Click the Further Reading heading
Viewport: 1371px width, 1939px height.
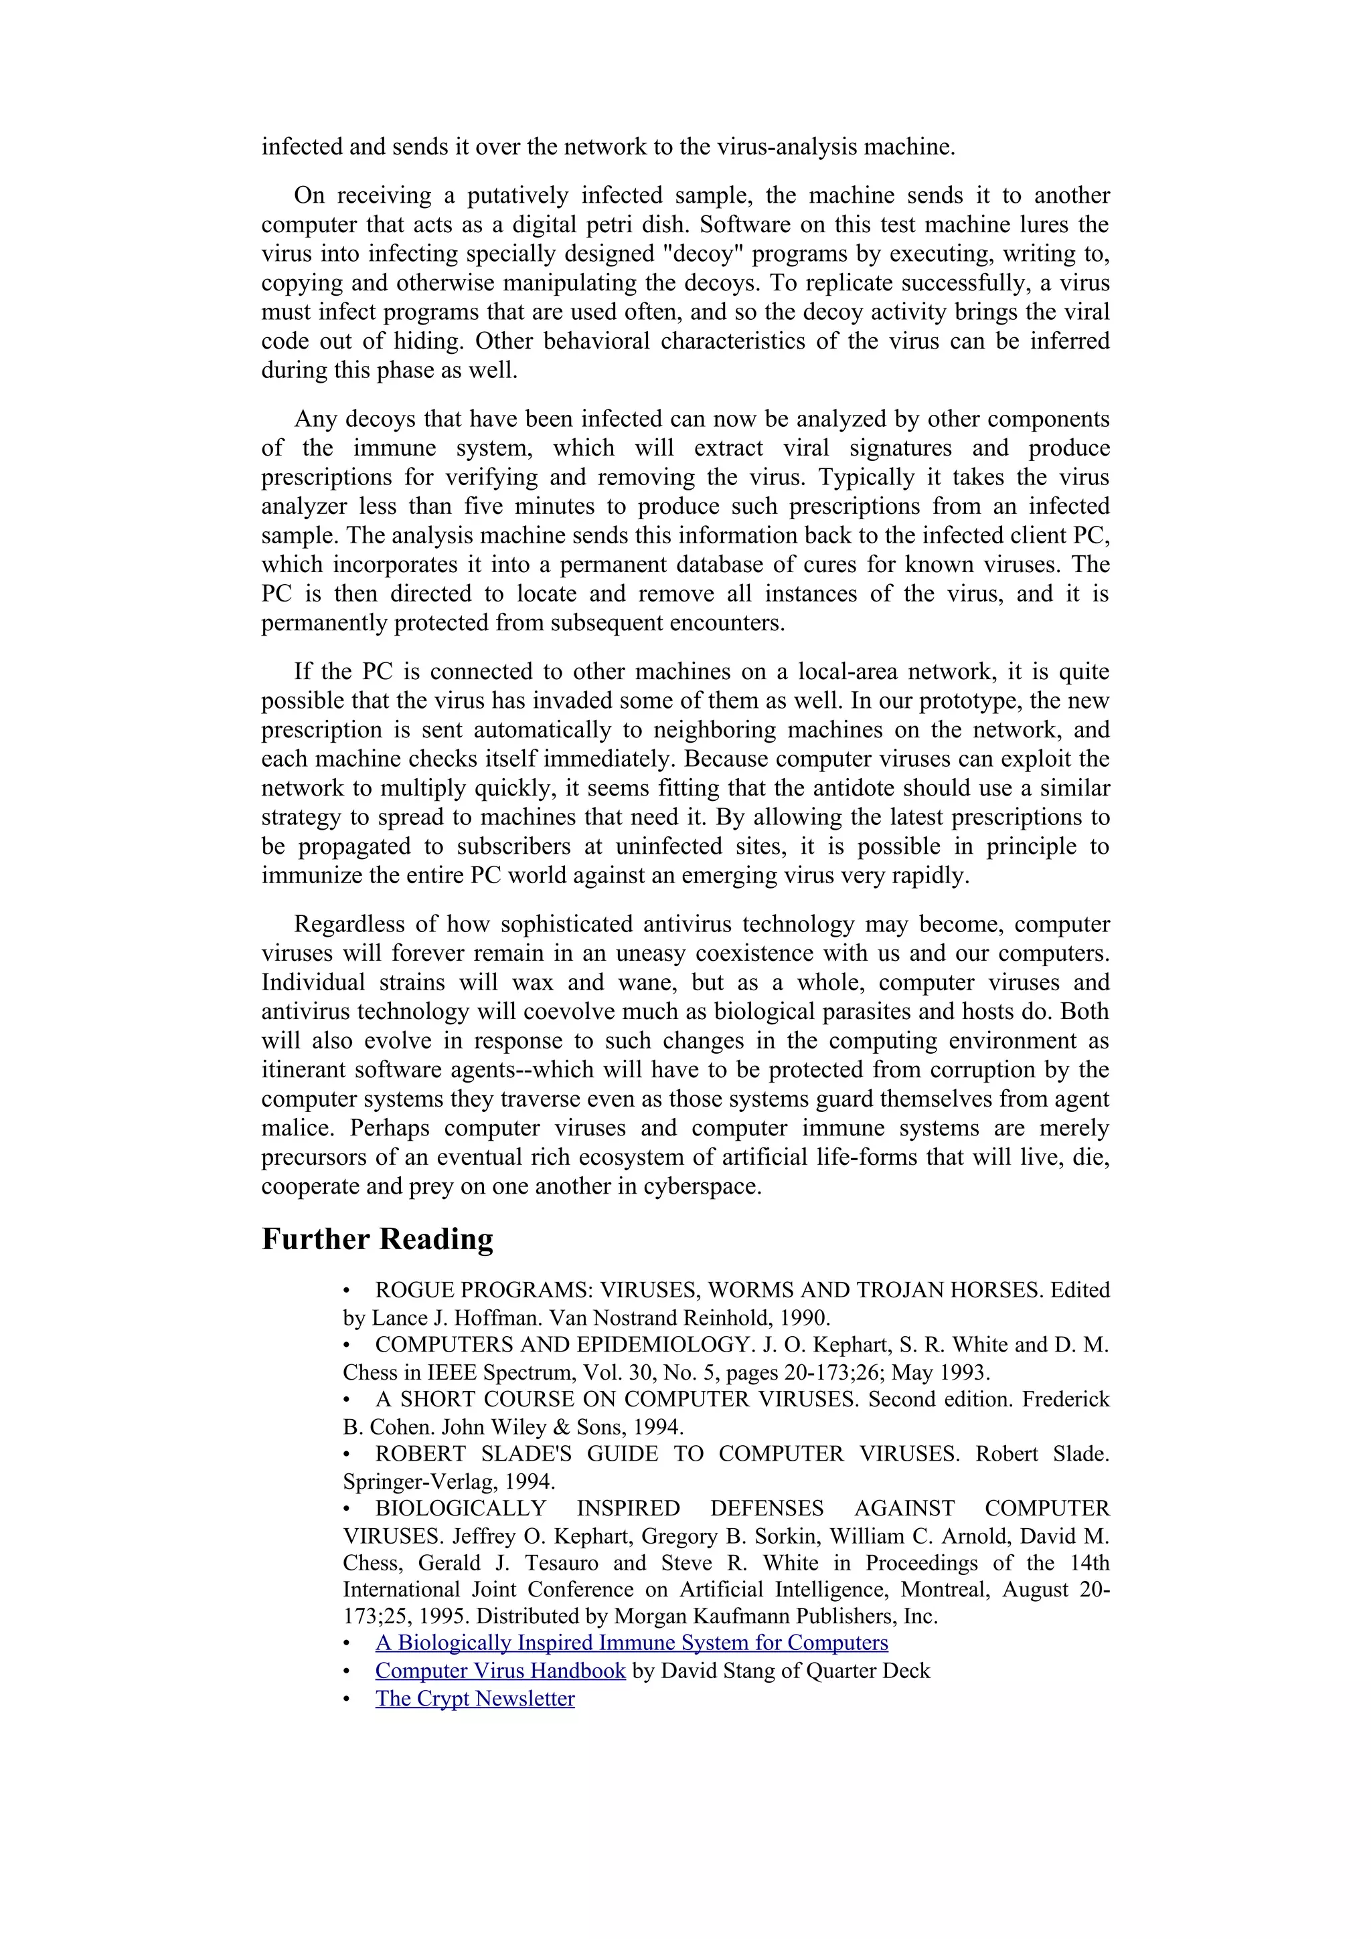377,1240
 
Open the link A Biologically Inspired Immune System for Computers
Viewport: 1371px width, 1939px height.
631,1643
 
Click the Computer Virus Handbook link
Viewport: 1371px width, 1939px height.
500,1671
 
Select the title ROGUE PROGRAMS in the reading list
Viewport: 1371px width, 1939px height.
484,1291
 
